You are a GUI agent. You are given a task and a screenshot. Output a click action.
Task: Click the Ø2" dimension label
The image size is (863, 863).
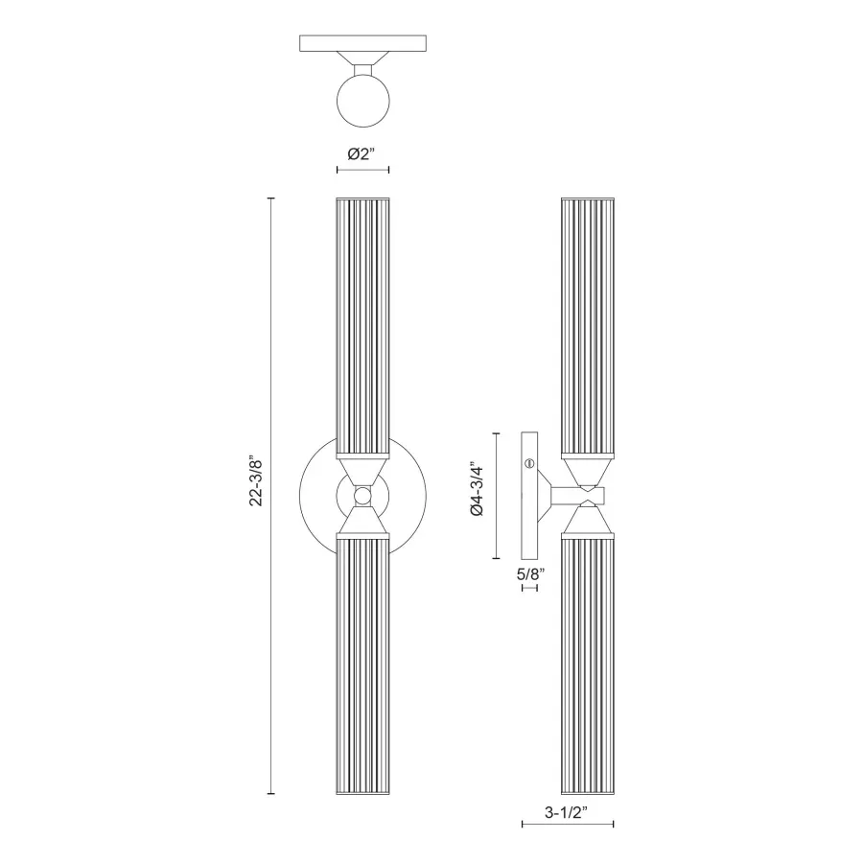point(362,153)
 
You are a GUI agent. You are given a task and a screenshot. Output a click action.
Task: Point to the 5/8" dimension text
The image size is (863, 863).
point(529,574)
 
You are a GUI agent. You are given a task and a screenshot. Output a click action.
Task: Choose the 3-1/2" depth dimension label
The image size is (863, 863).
point(567,811)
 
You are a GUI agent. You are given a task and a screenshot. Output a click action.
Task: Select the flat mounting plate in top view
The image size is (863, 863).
point(362,44)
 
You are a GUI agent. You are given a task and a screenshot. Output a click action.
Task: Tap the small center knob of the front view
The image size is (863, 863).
point(362,496)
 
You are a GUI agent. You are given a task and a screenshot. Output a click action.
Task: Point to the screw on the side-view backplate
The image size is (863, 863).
point(528,464)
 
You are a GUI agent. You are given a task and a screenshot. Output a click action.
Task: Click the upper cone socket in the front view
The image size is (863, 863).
point(362,469)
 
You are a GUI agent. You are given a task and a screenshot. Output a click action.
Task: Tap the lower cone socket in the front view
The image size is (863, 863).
point(362,523)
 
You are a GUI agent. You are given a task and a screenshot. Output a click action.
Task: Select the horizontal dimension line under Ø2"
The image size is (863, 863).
point(362,171)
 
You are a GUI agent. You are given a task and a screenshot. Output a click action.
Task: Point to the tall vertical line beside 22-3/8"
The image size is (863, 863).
point(272,496)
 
